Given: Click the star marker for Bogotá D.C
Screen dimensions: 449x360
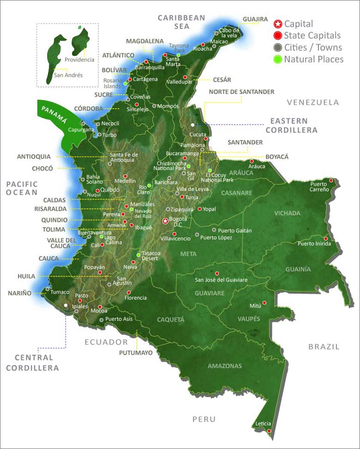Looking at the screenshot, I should point(165,221).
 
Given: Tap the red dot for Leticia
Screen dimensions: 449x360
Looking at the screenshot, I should point(269,431).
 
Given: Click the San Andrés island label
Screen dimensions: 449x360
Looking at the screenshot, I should point(68,75).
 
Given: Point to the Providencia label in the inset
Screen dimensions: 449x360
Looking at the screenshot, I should point(79,60).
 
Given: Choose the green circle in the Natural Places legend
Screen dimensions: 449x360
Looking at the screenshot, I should point(278,59).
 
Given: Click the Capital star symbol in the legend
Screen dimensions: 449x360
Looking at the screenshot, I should point(278,24).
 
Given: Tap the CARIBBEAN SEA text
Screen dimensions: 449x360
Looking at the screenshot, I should point(181,22).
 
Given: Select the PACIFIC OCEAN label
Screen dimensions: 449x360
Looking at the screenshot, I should point(22,188).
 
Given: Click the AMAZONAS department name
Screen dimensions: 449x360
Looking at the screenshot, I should point(224,366).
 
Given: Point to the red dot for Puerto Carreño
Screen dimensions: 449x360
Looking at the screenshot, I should point(331,181).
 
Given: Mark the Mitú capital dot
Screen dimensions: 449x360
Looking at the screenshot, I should point(265,303).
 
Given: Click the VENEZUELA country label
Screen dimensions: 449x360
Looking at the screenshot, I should point(312,103).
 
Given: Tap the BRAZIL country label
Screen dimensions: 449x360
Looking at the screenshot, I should point(324,346).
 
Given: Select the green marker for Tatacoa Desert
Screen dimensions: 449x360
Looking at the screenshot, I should point(138,255).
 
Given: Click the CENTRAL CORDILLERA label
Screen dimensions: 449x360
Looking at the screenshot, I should point(36,363).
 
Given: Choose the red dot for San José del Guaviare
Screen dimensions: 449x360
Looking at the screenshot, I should point(216,273).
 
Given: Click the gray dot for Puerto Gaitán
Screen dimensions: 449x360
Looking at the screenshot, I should point(214,230).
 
